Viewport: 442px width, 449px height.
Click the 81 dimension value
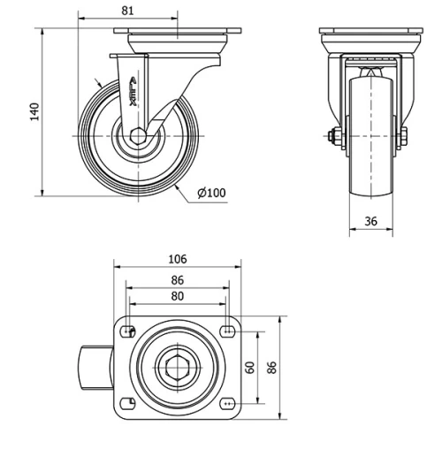pos(127,10)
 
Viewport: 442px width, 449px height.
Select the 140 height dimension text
pos(34,111)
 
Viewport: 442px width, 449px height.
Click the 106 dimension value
pos(177,259)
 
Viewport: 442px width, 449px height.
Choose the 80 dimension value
pos(177,297)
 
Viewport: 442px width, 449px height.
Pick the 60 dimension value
pos(250,367)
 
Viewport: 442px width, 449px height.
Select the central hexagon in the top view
pos(177,366)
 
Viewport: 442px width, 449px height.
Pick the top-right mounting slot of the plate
pos(227,331)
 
